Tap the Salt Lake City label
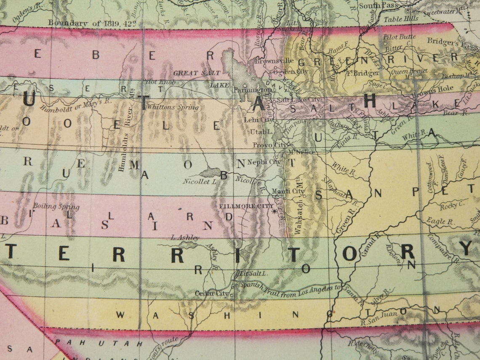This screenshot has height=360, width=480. point(299,100)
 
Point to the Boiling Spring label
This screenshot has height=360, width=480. point(51,207)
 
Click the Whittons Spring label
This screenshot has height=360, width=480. point(173,107)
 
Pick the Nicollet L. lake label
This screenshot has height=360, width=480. point(200,182)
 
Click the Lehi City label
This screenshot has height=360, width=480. point(259,120)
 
